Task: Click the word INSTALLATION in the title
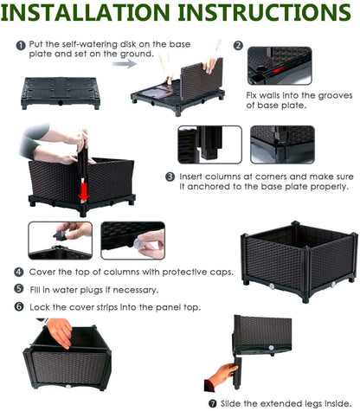point(86,12)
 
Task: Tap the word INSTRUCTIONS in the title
point(265,12)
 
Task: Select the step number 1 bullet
point(21,46)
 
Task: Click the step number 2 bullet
point(238,45)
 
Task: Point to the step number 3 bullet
point(170,177)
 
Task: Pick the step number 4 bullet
point(19,272)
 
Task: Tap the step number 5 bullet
point(19,289)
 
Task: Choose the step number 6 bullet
point(19,306)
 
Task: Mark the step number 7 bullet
point(213,403)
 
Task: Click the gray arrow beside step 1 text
point(125,63)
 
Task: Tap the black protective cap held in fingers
point(61,236)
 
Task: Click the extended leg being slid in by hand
point(238,373)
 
